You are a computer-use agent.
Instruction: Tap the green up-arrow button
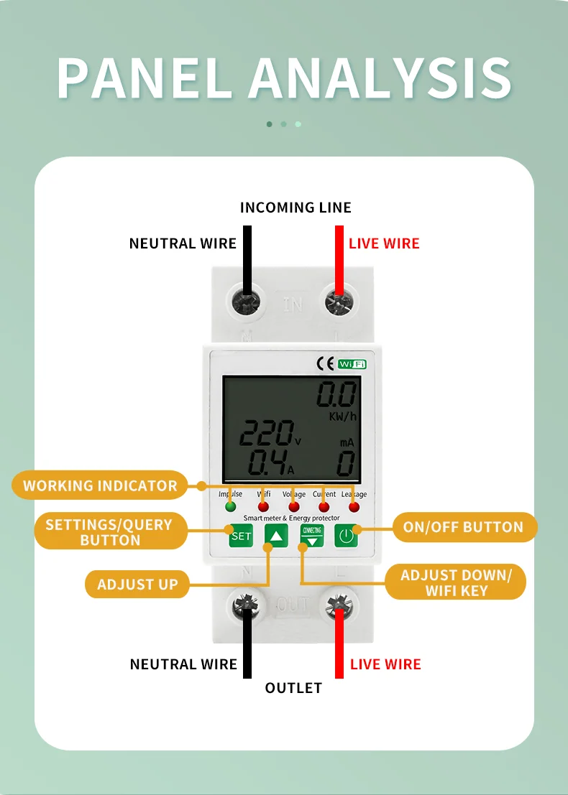point(276,536)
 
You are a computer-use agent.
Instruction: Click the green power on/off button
point(346,536)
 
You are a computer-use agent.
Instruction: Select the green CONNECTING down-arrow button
point(311,536)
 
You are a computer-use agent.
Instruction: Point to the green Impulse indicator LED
point(230,508)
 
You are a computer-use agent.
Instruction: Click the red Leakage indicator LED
point(354,508)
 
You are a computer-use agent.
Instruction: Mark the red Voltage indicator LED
point(293,508)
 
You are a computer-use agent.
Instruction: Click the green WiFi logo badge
point(352,364)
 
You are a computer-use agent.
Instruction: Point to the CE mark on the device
point(325,363)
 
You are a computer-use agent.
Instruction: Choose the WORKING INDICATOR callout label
point(100,485)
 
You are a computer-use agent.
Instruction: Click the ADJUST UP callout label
point(137,584)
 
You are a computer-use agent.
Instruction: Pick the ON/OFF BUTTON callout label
point(463,527)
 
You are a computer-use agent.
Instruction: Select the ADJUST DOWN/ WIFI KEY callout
point(455,582)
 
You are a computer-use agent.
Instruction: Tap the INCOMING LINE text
point(296,208)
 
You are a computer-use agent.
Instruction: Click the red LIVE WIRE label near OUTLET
point(385,664)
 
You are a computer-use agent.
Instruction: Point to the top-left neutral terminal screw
point(247,302)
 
